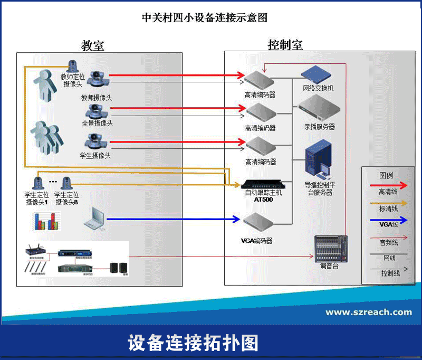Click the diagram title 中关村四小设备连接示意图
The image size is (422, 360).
point(204,17)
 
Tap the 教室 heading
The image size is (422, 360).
point(92,45)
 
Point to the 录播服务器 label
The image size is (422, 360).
point(319,127)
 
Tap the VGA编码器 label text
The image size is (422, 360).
point(256,241)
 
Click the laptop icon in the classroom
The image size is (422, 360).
point(95,217)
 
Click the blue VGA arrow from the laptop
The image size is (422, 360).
point(174,219)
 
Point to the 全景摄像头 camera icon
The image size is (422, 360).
point(95,111)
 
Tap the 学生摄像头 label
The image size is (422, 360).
point(95,156)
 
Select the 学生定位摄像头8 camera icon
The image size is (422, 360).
point(66,183)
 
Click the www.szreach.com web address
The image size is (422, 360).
point(368,312)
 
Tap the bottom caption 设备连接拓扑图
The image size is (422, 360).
point(193,343)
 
